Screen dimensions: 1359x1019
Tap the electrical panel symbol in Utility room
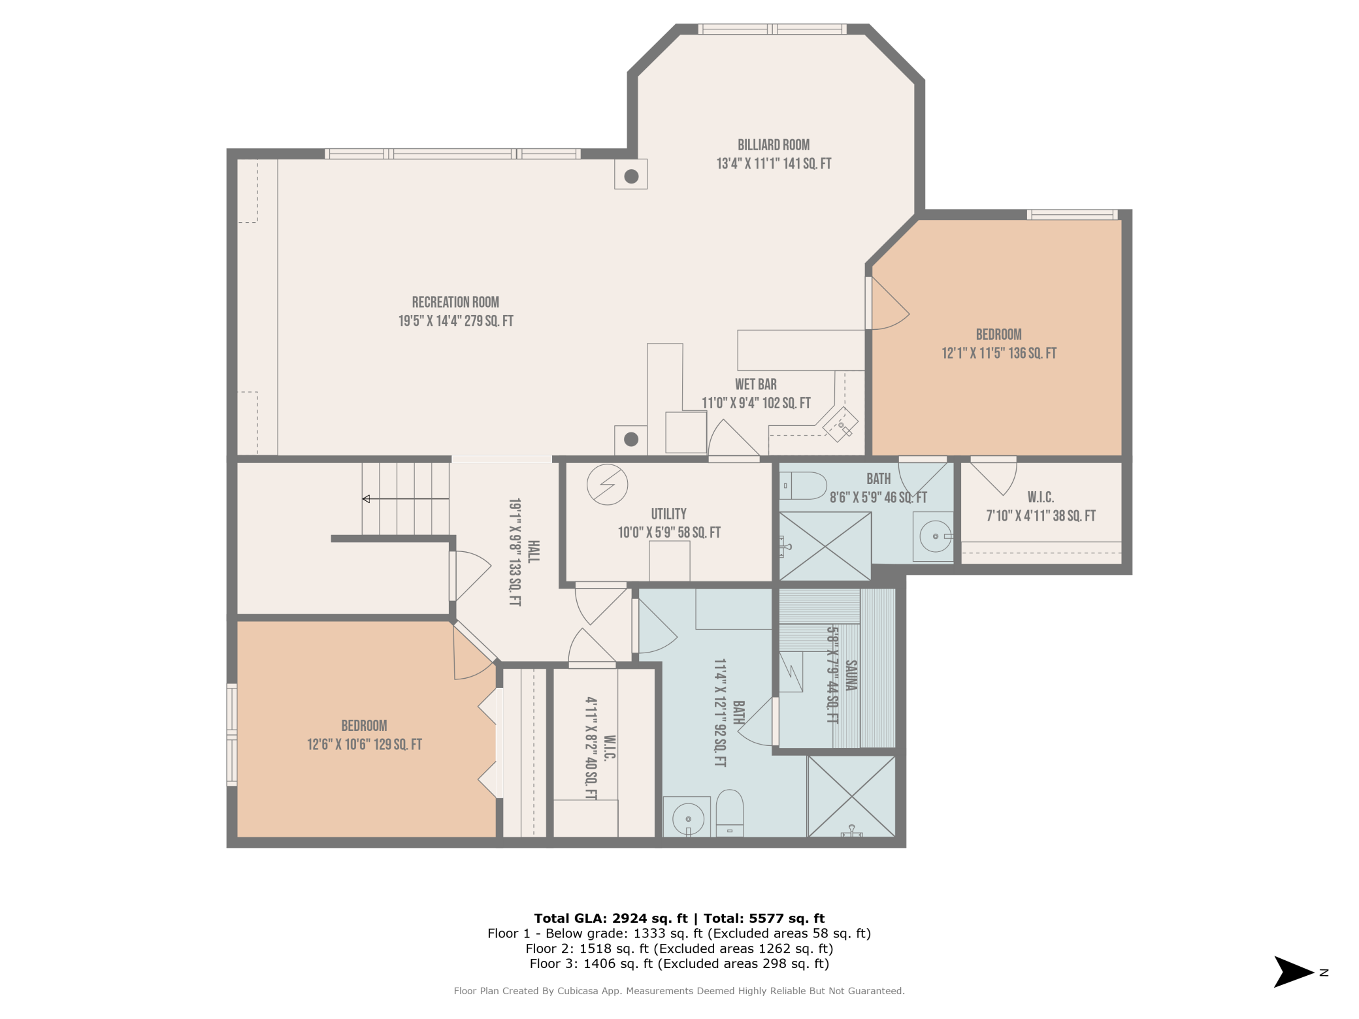click(x=607, y=485)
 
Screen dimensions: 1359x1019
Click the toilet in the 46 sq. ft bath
click(x=803, y=486)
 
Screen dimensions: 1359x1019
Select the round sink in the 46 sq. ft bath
click(x=936, y=536)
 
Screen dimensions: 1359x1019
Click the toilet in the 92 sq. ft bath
click(x=730, y=813)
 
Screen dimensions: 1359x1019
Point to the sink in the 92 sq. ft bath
click(x=687, y=818)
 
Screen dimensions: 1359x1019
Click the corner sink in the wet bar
click(x=841, y=425)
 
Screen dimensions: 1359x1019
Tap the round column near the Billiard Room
click(x=631, y=176)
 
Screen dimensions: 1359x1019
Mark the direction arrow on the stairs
click(x=406, y=499)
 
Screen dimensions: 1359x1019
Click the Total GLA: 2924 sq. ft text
click(x=611, y=918)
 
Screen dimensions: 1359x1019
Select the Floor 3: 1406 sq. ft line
click(x=679, y=964)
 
